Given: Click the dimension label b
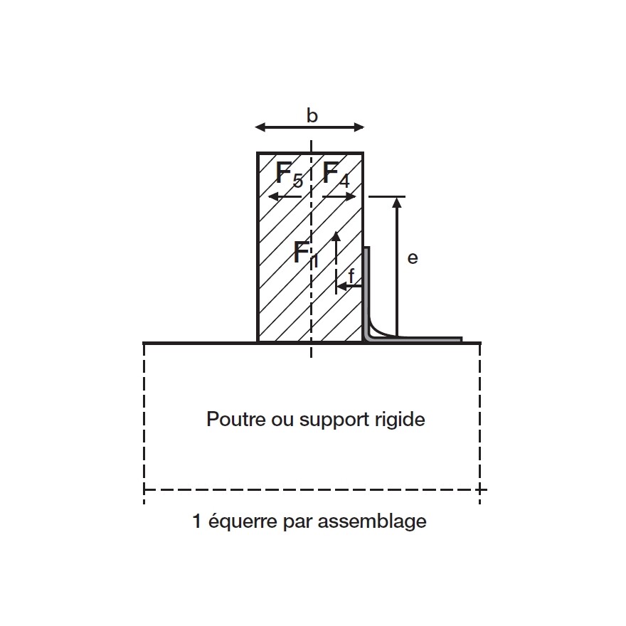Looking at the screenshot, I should point(312,115).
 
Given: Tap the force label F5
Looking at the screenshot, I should point(288,174).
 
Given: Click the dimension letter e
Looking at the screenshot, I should point(413,258).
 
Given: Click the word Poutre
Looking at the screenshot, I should point(228,418).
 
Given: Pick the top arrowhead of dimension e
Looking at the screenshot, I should point(397,202).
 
